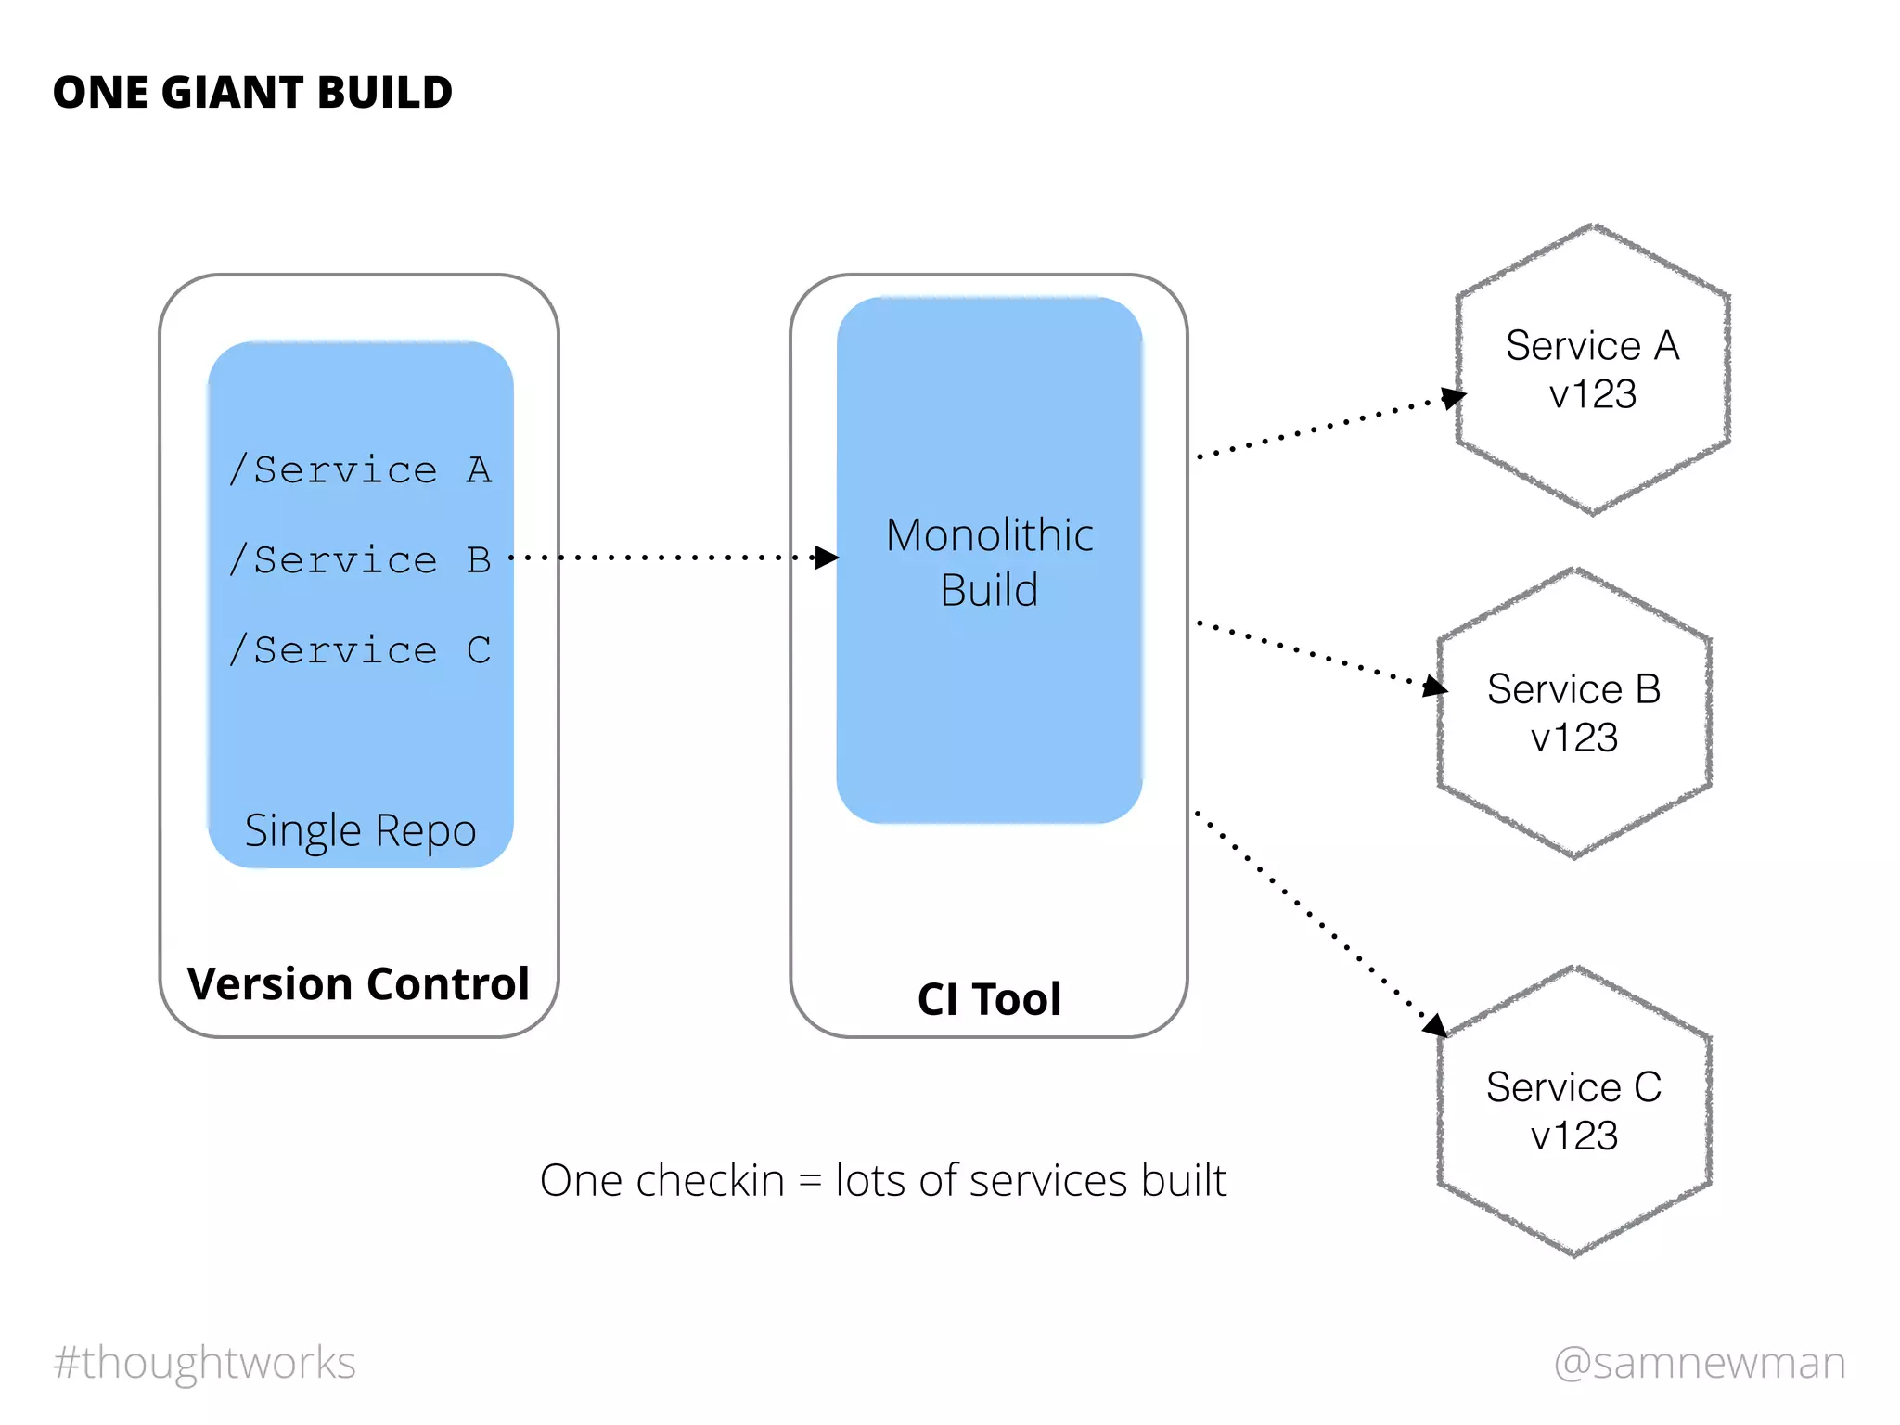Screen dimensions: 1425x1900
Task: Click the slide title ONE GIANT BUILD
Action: (x=252, y=93)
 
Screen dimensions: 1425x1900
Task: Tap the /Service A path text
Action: (x=360, y=469)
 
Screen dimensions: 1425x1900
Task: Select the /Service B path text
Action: (x=360, y=559)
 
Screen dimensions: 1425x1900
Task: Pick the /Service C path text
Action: (x=360, y=649)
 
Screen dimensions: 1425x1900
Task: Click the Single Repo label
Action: (x=360, y=830)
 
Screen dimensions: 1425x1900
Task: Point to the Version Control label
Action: (x=358, y=983)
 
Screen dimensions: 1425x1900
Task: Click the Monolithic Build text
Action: (x=989, y=561)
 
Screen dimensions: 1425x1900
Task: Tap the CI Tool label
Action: (x=989, y=999)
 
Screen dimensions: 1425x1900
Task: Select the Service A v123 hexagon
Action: (x=1592, y=369)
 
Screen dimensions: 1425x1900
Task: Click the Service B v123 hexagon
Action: (x=1573, y=712)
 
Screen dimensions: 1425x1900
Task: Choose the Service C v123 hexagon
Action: (x=1573, y=1110)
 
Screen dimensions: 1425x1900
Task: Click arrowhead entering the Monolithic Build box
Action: (x=827, y=558)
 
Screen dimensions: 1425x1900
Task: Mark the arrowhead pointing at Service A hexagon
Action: (x=1454, y=398)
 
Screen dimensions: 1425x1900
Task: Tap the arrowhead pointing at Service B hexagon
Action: (x=1435, y=687)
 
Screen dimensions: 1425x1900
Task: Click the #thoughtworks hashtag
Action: (x=204, y=1362)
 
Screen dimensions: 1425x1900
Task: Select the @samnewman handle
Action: (x=1700, y=1362)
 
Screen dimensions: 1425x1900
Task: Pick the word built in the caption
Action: (x=1184, y=1180)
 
